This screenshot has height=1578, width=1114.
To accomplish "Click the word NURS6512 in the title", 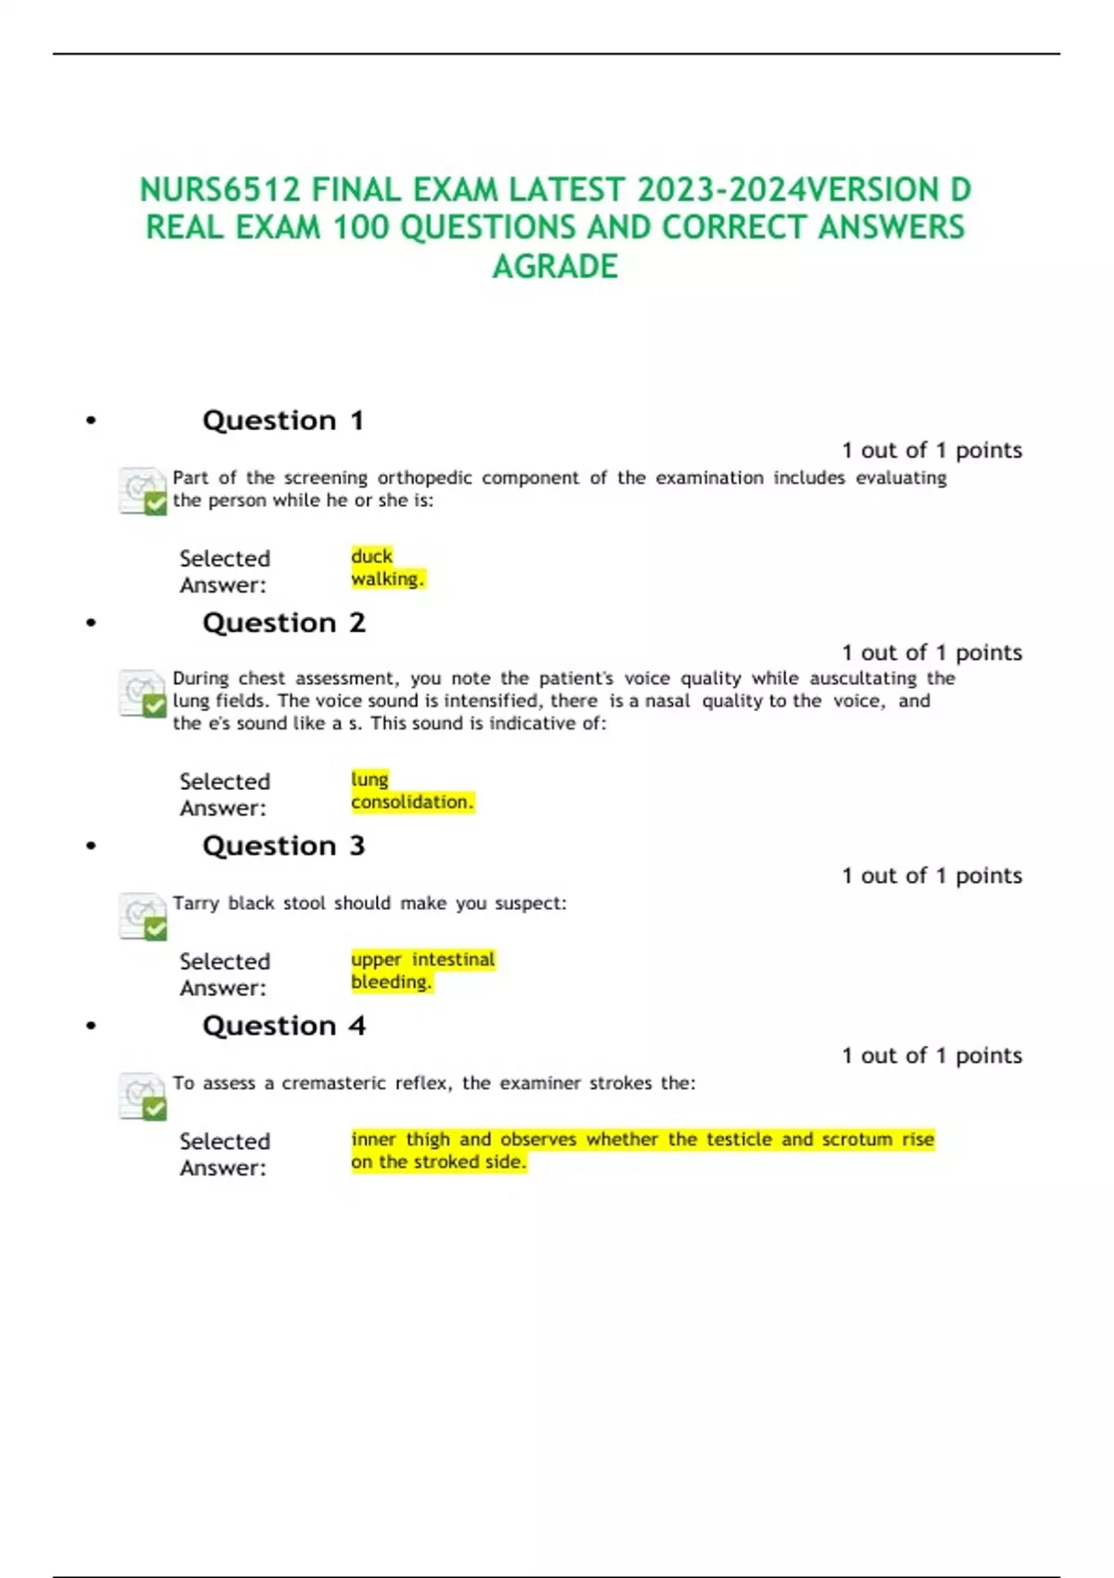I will coord(220,190).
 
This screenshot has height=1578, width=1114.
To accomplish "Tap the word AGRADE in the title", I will coord(555,267).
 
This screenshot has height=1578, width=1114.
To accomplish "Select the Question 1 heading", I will coord(283,420).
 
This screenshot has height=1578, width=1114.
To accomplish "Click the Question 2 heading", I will coord(284,623).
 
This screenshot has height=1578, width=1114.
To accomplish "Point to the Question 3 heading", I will coord(284,847).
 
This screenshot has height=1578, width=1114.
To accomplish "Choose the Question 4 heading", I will coord(284,1026).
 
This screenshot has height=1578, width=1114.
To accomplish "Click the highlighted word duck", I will coord(371,556).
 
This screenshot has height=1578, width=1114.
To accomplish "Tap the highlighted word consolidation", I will coord(411,802).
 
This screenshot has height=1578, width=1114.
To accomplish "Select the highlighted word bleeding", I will coord(391,982).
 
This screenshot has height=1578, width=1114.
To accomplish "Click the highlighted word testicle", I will coord(739,1139).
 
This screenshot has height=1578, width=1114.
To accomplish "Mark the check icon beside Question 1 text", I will coord(143,491).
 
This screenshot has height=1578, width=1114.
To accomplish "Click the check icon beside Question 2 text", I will coord(143,693).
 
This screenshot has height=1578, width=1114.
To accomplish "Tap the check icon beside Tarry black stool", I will coord(143,916).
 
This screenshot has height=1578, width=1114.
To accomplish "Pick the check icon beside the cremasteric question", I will coord(143,1096).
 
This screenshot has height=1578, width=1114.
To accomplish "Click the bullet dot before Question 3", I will coord(91,847).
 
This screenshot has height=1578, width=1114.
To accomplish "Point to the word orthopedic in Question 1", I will coord(424,478).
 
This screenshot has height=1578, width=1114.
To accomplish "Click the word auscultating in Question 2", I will coord(862,679).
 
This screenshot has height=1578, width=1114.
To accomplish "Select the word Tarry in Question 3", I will coord(195,903).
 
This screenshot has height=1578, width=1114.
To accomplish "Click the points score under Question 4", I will coord(931,1055).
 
